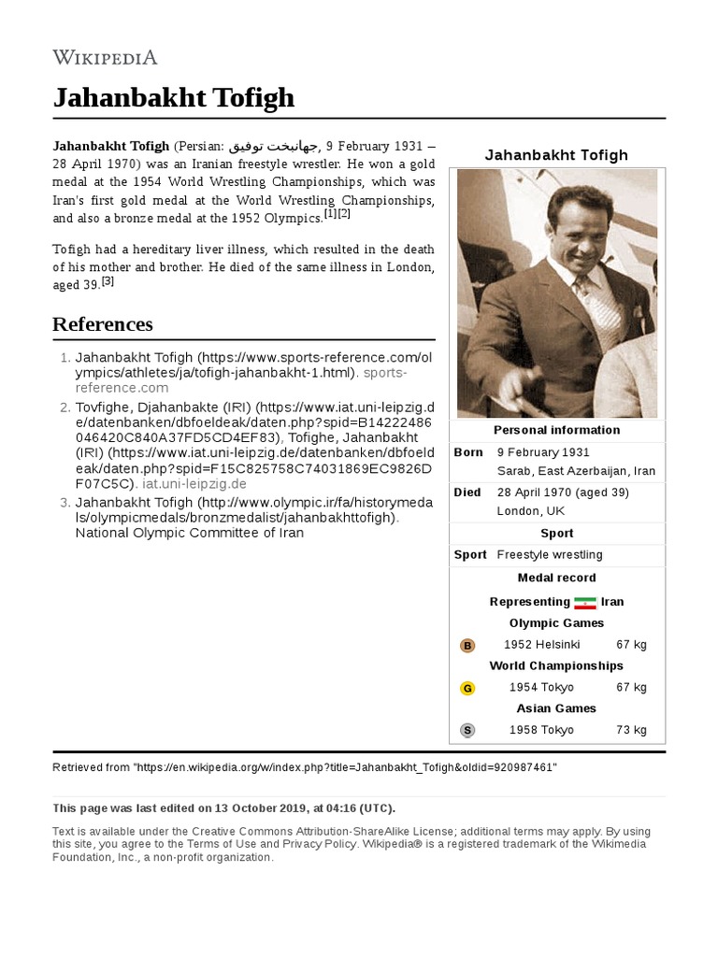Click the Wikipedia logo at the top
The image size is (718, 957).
(x=105, y=57)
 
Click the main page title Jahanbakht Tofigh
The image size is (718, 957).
(x=173, y=97)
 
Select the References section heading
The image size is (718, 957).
(x=102, y=324)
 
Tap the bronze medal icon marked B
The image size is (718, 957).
(x=467, y=646)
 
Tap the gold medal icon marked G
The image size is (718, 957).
(x=467, y=689)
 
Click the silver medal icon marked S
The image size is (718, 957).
(x=467, y=731)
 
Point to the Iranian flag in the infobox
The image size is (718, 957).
(x=585, y=603)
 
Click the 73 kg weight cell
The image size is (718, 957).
(x=631, y=730)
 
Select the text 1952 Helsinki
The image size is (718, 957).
(x=541, y=645)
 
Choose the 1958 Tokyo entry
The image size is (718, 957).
(x=541, y=730)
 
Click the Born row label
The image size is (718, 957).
(x=468, y=452)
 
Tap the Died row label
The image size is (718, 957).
(x=467, y=493)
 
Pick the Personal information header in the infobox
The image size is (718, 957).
(x=556, y=431)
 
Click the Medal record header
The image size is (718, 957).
(x=556, y=578)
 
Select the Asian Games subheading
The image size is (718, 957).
(x=556, y=708)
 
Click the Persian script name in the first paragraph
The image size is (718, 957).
(x=274, y=147)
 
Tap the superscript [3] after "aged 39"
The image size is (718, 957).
(x=108, y=281)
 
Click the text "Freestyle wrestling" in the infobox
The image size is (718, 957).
(x=550, y=555)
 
